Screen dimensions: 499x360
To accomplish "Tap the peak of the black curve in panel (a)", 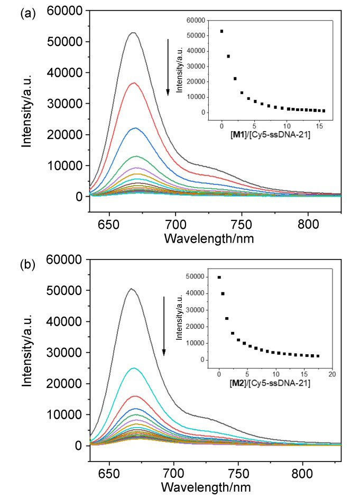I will click(x=134, y=33).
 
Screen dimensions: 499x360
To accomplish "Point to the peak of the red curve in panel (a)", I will click(x=134, y=83).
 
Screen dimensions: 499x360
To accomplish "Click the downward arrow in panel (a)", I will click(x=168, y=67).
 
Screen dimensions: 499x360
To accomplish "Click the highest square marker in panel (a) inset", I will click(x=222, y=31).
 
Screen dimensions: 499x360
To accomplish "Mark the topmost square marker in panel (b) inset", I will click(x=219, y=278).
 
